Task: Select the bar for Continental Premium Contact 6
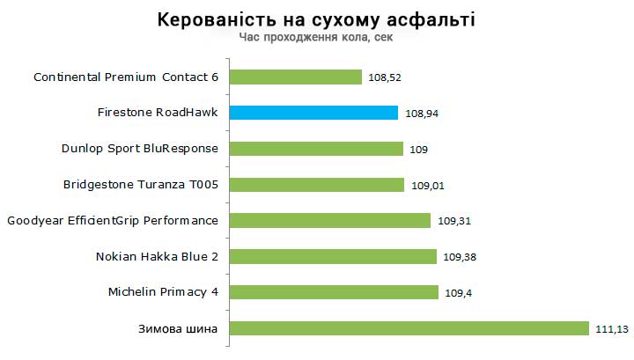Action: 295,77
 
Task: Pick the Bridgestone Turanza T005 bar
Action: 316,185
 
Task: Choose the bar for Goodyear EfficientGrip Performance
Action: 329,220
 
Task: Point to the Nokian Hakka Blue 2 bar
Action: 333,256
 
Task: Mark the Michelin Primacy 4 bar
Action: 334,292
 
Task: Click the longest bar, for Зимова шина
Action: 409,328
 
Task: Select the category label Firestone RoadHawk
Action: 158,113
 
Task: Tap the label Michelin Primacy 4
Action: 163,292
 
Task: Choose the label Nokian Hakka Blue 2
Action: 157,256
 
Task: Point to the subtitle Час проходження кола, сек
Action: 316,38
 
